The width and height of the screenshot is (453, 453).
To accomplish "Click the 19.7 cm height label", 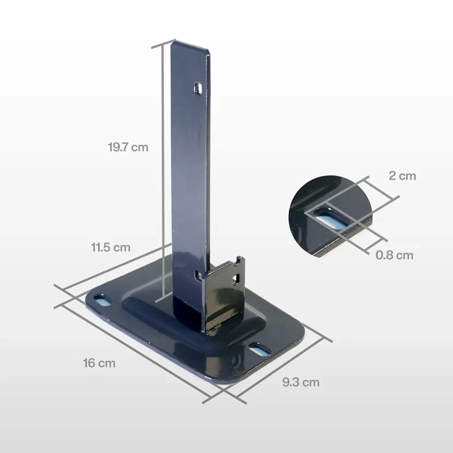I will click(x=128, y=147).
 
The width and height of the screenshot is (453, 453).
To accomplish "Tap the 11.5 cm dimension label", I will click(x=110, y=247).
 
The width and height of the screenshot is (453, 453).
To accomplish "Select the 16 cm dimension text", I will click(x=99, y=362).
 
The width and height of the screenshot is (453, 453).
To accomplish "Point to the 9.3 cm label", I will click(x=301, y=382).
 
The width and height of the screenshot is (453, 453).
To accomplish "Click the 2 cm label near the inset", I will click(x=402, y=176).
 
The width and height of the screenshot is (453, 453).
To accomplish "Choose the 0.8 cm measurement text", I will click(x=394, y=255).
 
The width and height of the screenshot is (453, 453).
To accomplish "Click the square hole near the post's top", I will click(x=198, y=87).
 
